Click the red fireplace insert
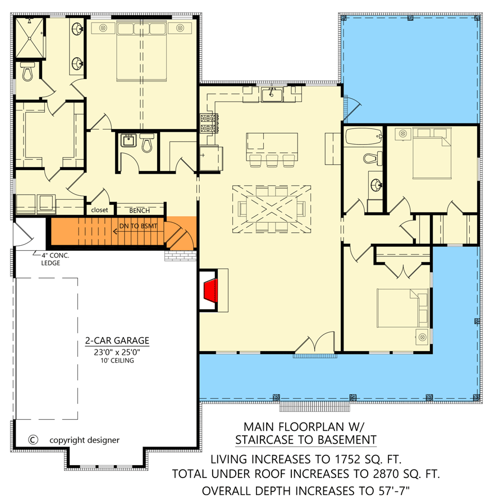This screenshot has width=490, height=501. coord(210,291)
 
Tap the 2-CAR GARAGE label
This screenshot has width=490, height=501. coord(117,341)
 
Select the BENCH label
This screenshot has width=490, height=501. coord(139,210)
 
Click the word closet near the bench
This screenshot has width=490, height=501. coord(99,210)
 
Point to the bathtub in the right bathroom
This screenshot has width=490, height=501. coord(363,136)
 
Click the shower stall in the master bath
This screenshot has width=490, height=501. coord(29,38)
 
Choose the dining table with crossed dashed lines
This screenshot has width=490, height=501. coord(272,208)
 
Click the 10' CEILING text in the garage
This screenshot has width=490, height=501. coord(117,361)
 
